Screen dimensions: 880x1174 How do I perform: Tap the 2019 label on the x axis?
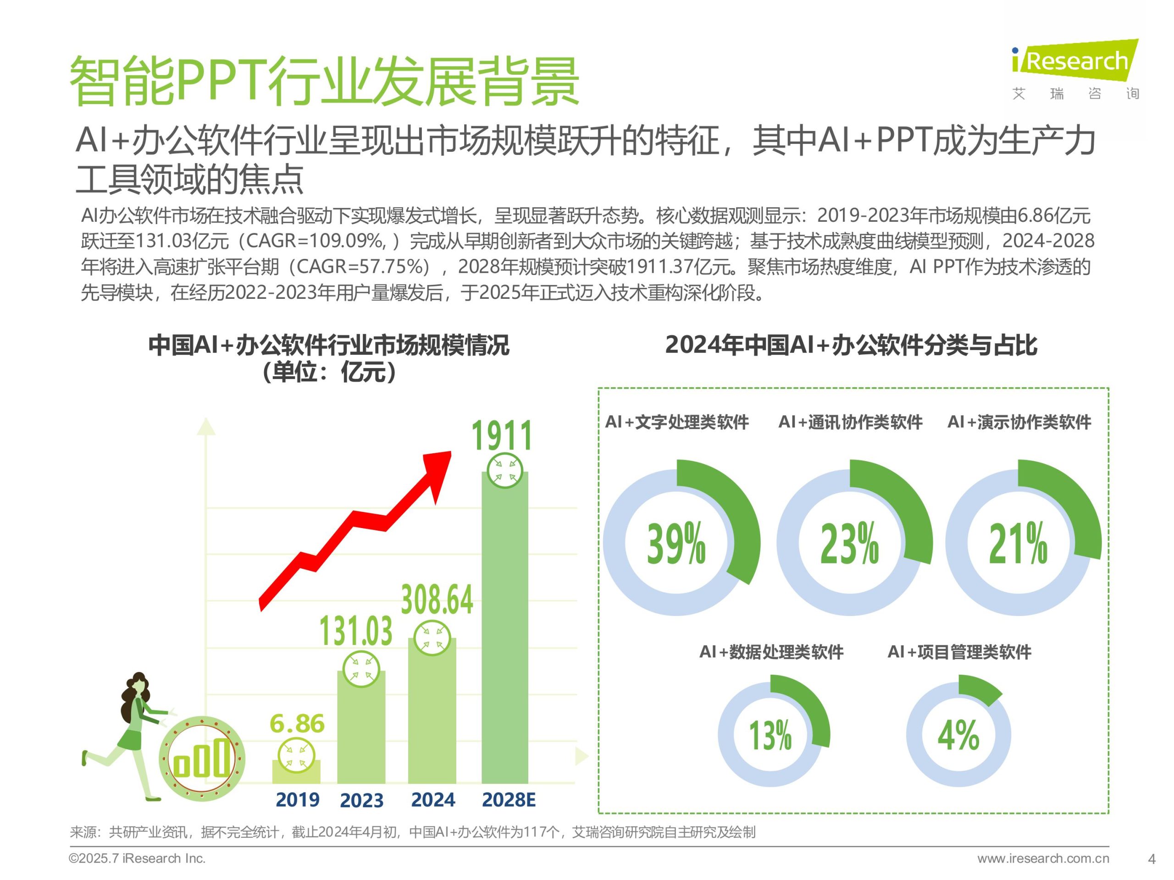[x=297, y=799]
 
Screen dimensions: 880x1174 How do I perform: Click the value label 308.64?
[x=436, y=600]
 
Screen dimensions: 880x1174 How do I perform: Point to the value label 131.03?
[x=355, y=631]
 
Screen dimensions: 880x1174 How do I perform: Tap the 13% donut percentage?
[x=770, y=736]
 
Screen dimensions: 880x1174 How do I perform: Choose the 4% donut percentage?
[x=958, y=736]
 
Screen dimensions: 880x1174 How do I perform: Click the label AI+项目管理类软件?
[x=959, y=651]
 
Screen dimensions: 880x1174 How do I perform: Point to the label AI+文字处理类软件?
[x=677, y=422]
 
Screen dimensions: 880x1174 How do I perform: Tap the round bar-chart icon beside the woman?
[x=202, y=759]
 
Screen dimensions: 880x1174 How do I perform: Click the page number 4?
[x=1151, y=859]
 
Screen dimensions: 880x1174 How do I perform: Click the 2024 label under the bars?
[x=432, y=799]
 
